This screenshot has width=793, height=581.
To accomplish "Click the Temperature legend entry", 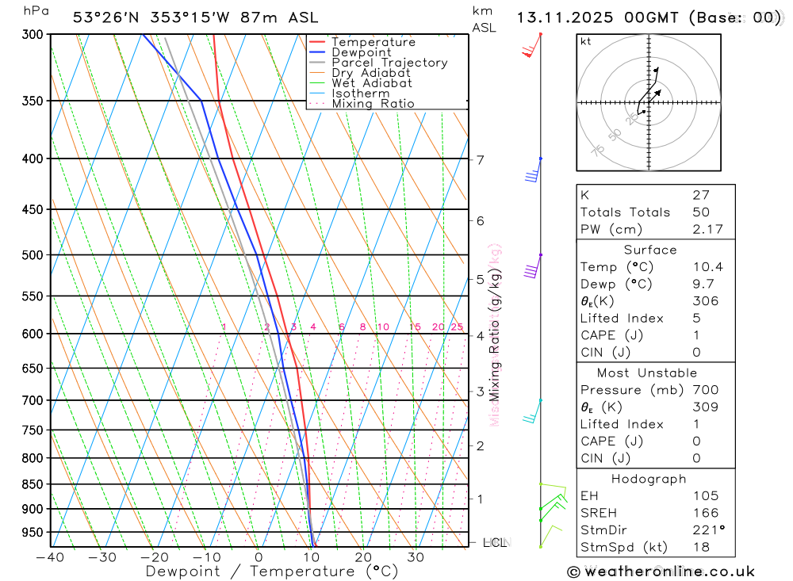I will (x=373, y=42).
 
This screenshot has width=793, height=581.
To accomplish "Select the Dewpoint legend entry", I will (x=361, y=52).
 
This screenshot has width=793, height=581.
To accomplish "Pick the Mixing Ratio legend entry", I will (x=373, y=103).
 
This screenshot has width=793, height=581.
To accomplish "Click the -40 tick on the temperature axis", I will (x=50, y=557).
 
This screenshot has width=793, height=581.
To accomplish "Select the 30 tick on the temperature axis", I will (x=416, y=557).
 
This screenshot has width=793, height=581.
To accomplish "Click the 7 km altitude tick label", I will (x=481, y=160).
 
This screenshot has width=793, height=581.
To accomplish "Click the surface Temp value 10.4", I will (x=707, y=267).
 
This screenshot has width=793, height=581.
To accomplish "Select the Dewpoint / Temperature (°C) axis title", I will (x=272, y=571).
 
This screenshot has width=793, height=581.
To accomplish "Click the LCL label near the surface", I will (x=495, y=543).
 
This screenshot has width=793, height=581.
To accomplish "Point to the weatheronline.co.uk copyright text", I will (x=661, y=571).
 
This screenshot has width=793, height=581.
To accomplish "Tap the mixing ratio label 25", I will (x=457, y=327).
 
